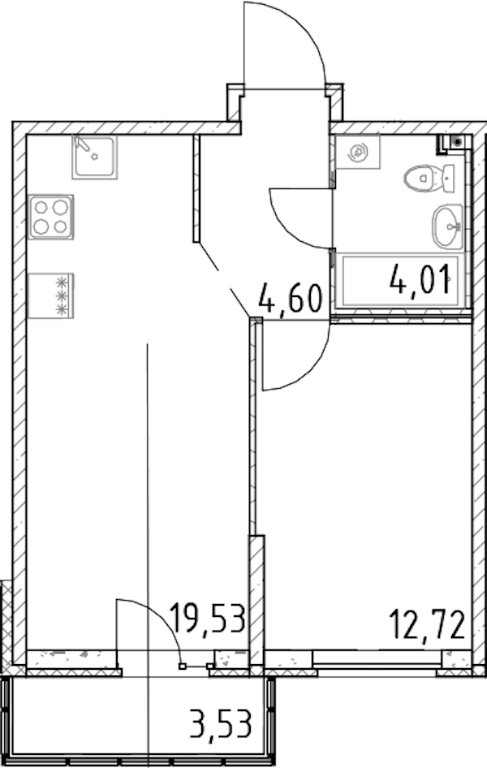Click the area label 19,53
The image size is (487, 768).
[x=207, y=619]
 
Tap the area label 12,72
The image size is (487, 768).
[x=427, y=625]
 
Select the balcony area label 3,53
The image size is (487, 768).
[x=221, y=724]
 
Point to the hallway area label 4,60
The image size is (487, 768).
[x=291, y=300]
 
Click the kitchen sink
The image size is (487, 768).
[x=95, y=157]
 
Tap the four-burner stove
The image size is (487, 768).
[x=51, y=217]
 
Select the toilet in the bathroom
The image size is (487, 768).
[x=429, y=178]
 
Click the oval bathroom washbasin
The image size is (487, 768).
[x=447, y=227]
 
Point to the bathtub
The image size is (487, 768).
[x=400, y=281]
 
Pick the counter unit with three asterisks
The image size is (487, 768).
[x=51, y=296]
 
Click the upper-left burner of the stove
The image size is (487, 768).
[x=41, y=207]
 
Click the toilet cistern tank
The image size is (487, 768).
[x=448, y=179]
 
